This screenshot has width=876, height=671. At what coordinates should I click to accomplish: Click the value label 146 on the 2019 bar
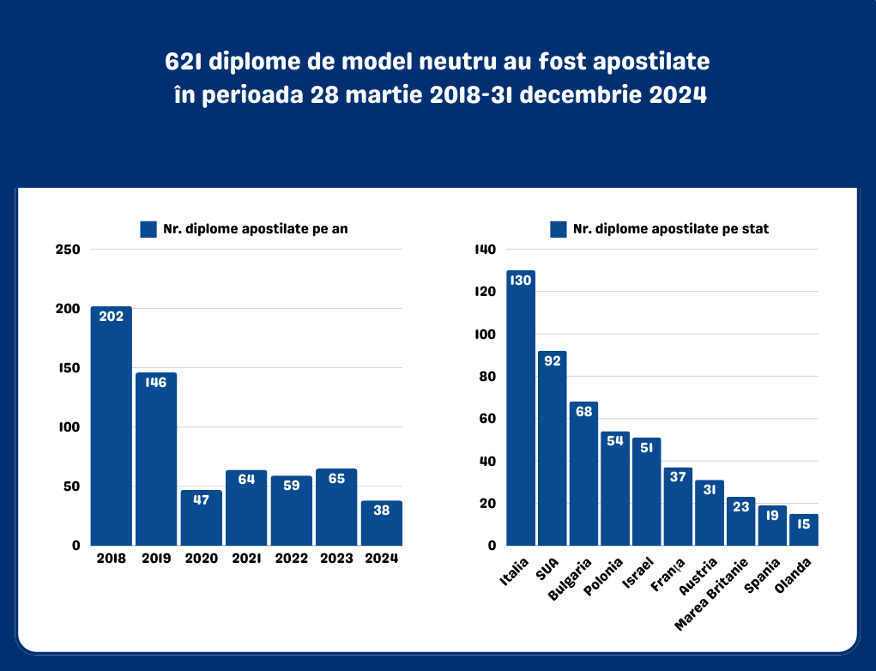coord(156,383)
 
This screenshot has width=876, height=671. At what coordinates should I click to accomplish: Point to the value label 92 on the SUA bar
coord(553,360)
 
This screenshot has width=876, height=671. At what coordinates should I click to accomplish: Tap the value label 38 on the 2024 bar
coord(381,510)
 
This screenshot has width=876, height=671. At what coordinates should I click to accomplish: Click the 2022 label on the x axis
coord(291,559)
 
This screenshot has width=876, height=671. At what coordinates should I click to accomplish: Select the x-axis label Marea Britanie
coord(712,592)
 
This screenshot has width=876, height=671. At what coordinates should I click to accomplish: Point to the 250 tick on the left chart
coord(68,250)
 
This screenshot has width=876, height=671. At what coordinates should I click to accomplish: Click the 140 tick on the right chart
coord(486,250)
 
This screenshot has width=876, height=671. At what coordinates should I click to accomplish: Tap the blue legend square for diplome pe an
coord(148,229)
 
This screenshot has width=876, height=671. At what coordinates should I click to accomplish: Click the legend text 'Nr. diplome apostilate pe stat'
coord(671,229)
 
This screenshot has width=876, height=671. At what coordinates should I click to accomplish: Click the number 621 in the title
coord(183,63)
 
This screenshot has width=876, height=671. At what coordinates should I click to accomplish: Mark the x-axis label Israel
coord(638,572)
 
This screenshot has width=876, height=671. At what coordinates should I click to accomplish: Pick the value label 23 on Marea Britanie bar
coord(741,507)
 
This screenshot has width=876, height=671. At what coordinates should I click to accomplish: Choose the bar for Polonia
coord(615,488)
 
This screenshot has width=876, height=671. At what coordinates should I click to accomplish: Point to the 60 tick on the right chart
coord(487,419)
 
